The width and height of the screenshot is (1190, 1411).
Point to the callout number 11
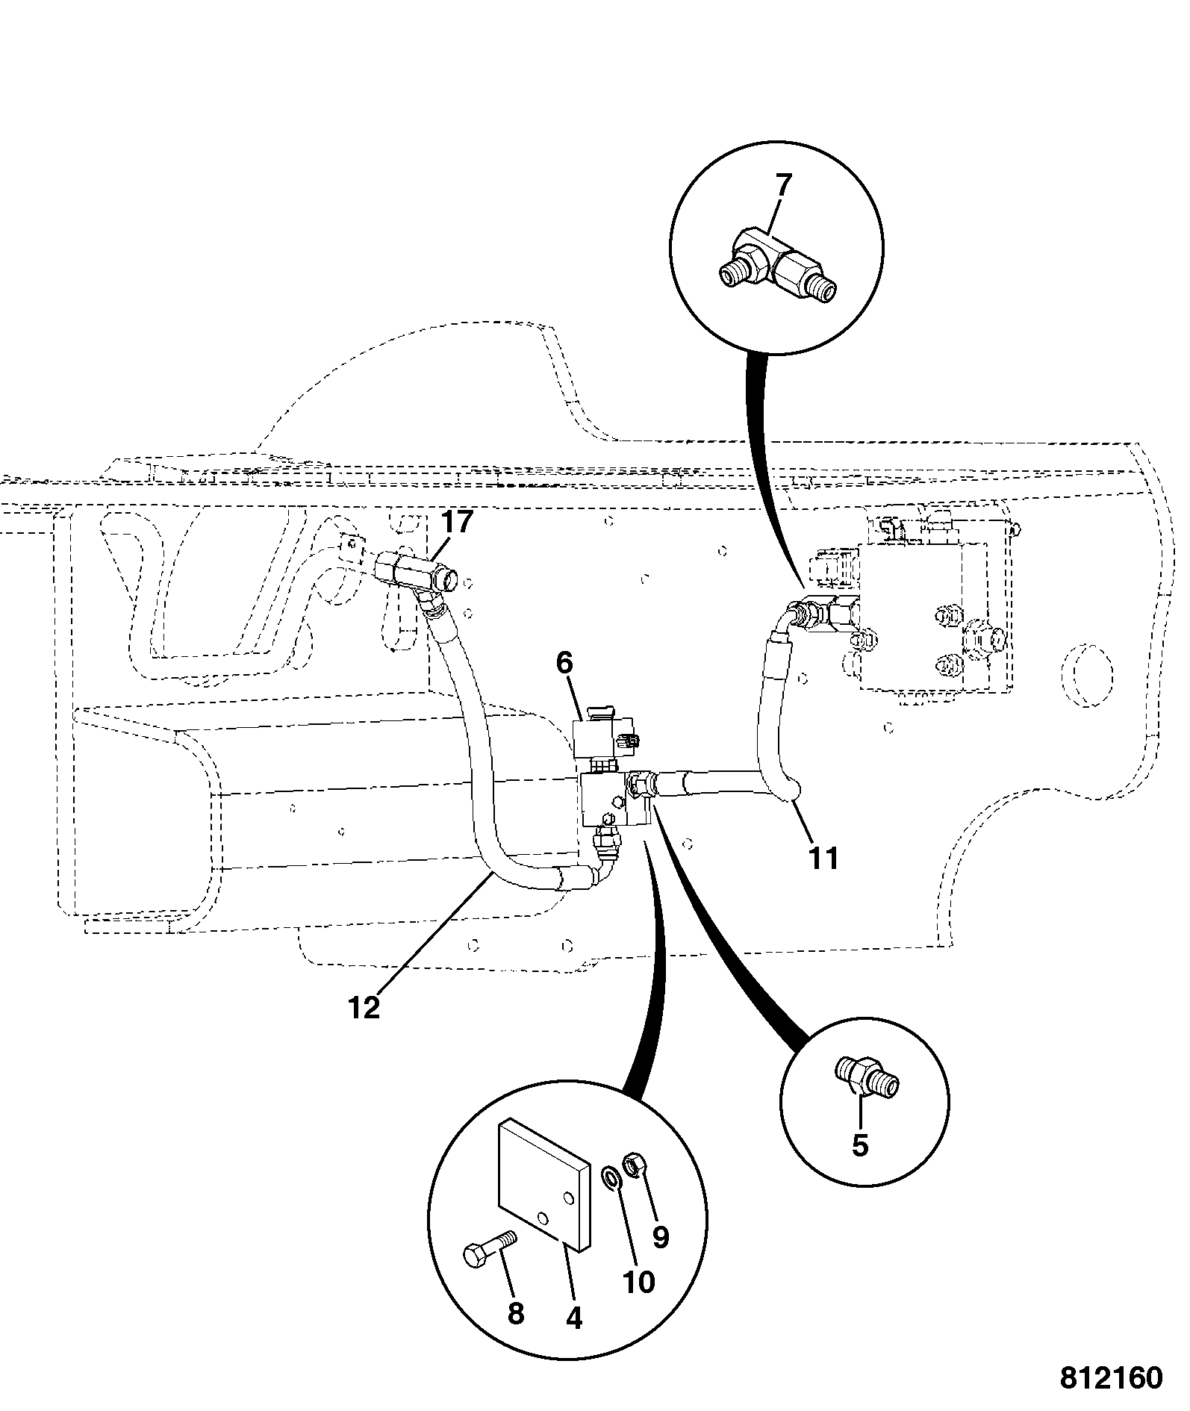824,858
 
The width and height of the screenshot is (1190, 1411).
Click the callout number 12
364,1008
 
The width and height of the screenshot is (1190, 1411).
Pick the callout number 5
860,1144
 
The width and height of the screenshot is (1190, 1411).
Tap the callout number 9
660,1237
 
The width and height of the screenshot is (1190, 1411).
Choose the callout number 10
638,1282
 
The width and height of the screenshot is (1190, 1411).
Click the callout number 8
515,1313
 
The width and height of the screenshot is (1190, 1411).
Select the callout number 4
573,1318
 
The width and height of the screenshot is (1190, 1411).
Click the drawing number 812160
1111,1377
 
